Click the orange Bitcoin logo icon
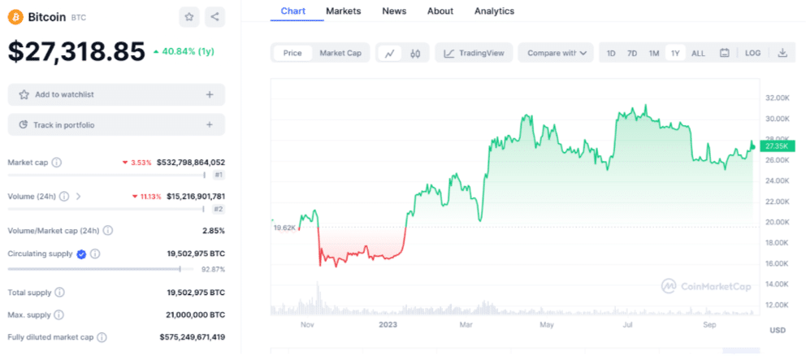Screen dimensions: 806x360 point(15,17)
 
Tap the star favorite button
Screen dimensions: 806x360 point(189,17)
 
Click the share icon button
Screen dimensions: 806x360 point(214,17)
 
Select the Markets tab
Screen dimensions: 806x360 point(344,11)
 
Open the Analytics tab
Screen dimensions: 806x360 point(494,11)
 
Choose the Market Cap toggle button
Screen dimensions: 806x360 point(340,53)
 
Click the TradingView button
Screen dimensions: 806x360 point(474,53)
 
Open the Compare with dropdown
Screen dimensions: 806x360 point(557,53)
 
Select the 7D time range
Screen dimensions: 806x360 point(632,53)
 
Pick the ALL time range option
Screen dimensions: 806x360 point(698,53)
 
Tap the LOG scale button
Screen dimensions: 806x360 point(752,53)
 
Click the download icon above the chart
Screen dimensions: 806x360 point(782,53)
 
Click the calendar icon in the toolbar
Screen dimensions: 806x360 point(725,53)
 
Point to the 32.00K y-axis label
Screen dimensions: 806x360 point(776,98)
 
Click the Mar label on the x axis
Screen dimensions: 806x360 point(466,325)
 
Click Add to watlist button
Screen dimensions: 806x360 point(116,94)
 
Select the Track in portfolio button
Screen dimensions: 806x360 point(116,125)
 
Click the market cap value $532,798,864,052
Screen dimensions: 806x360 point(190,163)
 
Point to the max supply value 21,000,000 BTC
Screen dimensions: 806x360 point(196,314)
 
